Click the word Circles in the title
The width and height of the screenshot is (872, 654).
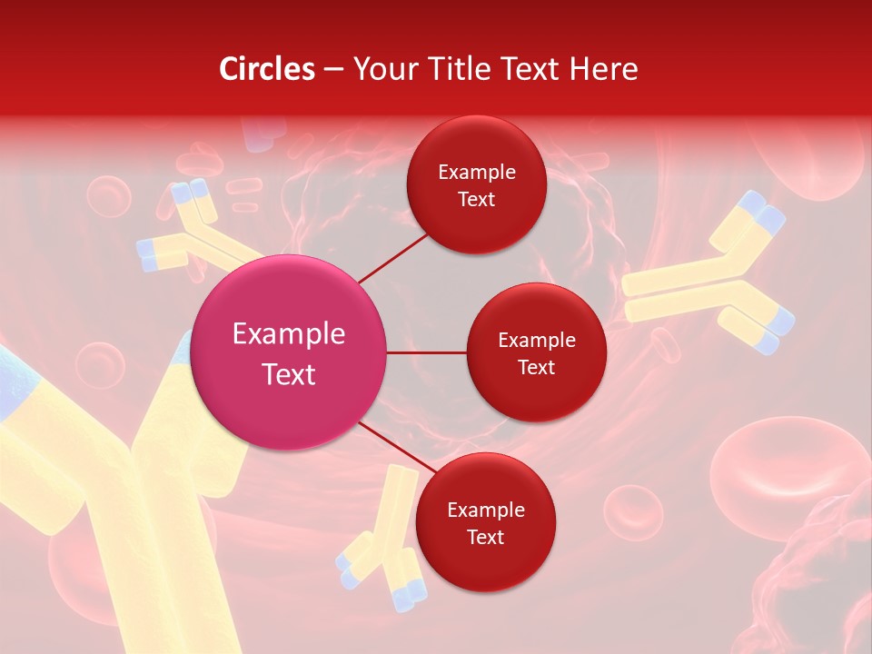tap(267, 69)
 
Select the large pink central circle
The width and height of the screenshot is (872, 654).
tap(289, 352)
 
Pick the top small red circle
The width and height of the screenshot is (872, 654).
tap(476, 184)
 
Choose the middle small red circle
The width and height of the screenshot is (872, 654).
tap(536, 352)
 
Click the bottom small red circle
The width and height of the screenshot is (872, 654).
tap(485, 522)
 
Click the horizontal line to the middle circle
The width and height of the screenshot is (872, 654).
tap(427, 352)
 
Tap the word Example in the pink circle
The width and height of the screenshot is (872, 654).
tap(289, 334)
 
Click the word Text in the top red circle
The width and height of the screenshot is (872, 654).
tap(476, 199)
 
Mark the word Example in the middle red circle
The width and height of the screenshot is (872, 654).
tap(536, 340)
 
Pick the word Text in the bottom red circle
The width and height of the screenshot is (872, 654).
tap(485, 537)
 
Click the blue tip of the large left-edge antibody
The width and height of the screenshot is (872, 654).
tap(14, 381)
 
